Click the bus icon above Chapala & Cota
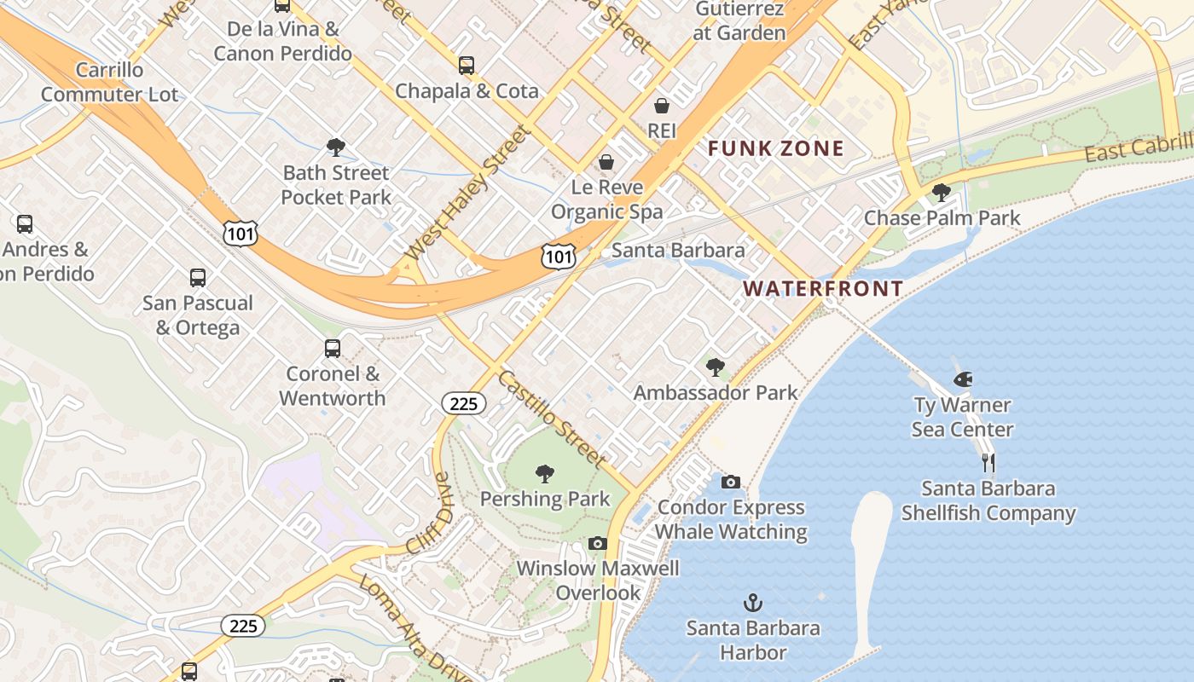pos(466,66)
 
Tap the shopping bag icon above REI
pos(662,106)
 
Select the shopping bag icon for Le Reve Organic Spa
pos(606,162)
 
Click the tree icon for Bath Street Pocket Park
pos(336,147)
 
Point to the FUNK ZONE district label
pos(776,149)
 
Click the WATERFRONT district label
pos(822,289)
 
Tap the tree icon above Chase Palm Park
pos(942,193)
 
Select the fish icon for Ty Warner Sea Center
pos(963,379)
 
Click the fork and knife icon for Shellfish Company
pos(988,463)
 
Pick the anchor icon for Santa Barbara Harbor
pos(752,604)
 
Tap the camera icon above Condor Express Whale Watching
pos(731,483)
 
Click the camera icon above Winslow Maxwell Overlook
pos(598,543)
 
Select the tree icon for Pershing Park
pos(544,474)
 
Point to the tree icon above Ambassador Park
pos(716,367)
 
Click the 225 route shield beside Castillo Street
pos(463,403)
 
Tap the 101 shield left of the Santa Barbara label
pos(559,257)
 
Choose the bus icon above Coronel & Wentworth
pos(332,349)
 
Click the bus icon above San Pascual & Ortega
pos(198,278)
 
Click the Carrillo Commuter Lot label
pos(110,82)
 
